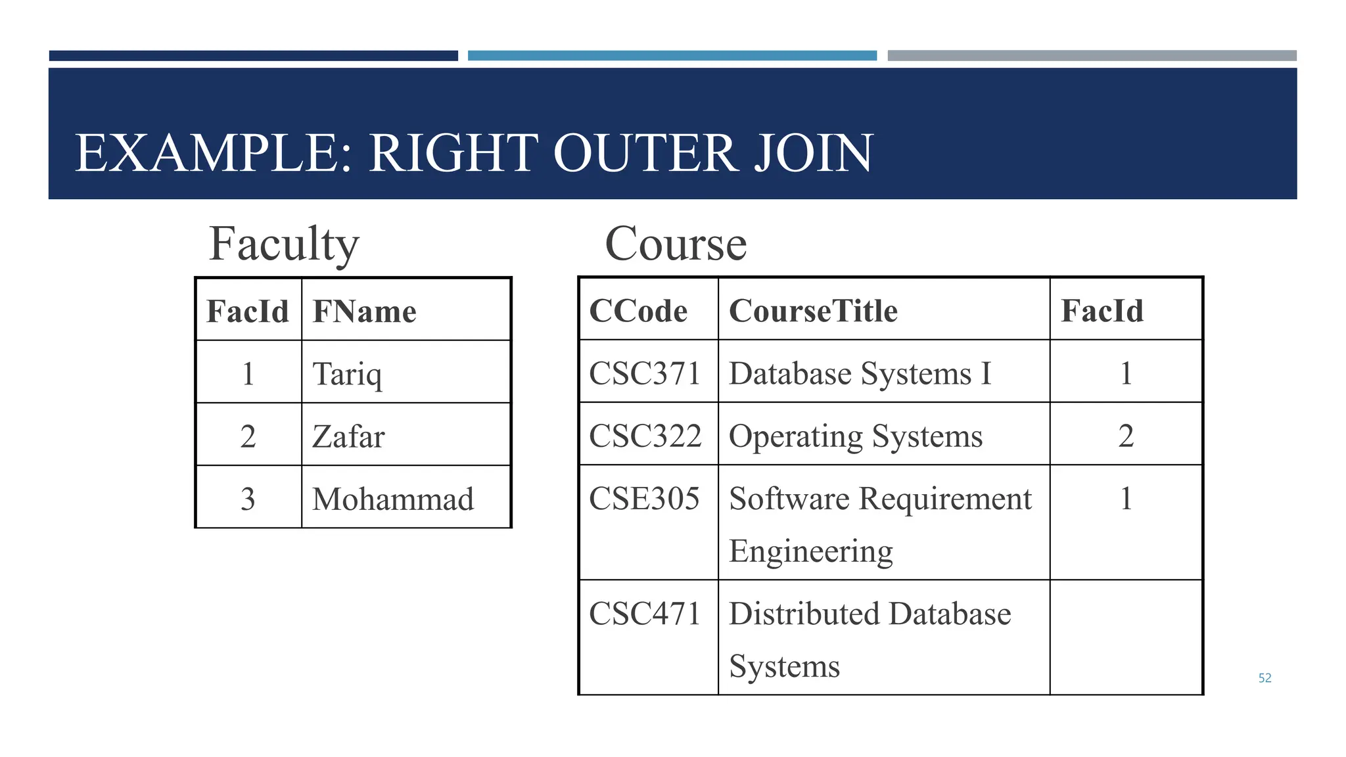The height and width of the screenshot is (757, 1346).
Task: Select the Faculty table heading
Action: [x=284, y=244]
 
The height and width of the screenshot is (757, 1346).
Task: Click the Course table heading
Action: [x=676, y=244]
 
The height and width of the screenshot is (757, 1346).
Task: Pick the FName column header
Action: [x=364, y=311]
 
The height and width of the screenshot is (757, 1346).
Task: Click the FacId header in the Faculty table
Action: [x=248, y=311]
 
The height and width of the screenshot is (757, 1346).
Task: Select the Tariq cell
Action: [x=347, y=373]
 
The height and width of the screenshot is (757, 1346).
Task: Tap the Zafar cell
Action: [x=348, y=436]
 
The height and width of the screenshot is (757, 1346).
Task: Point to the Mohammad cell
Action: [x=392, y=499]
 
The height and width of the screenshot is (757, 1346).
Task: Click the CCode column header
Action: [x=638, y=310]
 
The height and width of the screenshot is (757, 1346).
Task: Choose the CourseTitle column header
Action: [x=813, y=310]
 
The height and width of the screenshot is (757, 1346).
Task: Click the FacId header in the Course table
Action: [x=1102, y=310]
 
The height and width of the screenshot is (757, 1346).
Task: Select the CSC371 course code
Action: [x=645, y=373]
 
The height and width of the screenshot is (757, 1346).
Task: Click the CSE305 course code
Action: [x=644, y=498]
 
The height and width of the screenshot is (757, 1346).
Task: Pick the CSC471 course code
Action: [x=645, y=614]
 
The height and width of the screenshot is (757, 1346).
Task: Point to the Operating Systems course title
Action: [x=856, y=436]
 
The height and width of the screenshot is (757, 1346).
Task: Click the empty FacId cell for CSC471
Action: [x=1126, y=637]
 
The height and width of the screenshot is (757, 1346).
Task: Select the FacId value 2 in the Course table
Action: [x=1126, y=436]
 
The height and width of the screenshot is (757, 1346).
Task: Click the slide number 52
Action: [x=1265, y=678]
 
